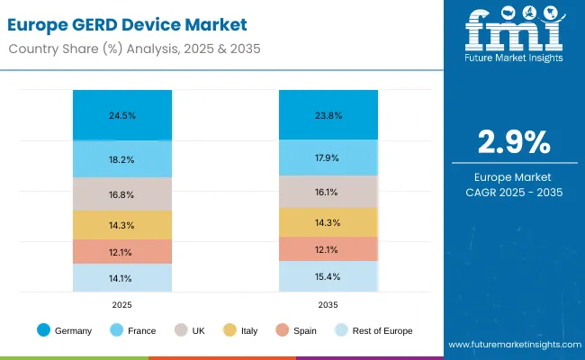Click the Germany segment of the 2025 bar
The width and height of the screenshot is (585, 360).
coord(122,115)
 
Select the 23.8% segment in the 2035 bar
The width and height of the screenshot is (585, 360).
coord(327,115)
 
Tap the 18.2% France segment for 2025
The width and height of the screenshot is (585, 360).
coord(122,159)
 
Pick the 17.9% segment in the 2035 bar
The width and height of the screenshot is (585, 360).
coord(327,158)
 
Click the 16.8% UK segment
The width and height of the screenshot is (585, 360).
coord(122,193)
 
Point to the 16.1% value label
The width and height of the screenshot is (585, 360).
coord(327,192)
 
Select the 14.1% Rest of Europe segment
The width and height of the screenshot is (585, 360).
coord(122,278)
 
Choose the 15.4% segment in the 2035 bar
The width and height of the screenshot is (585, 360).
coord(327,276)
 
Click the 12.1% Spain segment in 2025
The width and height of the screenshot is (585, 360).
coord(122,251)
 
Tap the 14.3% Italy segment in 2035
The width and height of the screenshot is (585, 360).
coord(327,222)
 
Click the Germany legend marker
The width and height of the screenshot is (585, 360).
coord(43,330)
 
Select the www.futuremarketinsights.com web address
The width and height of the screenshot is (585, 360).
coord(511,345)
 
